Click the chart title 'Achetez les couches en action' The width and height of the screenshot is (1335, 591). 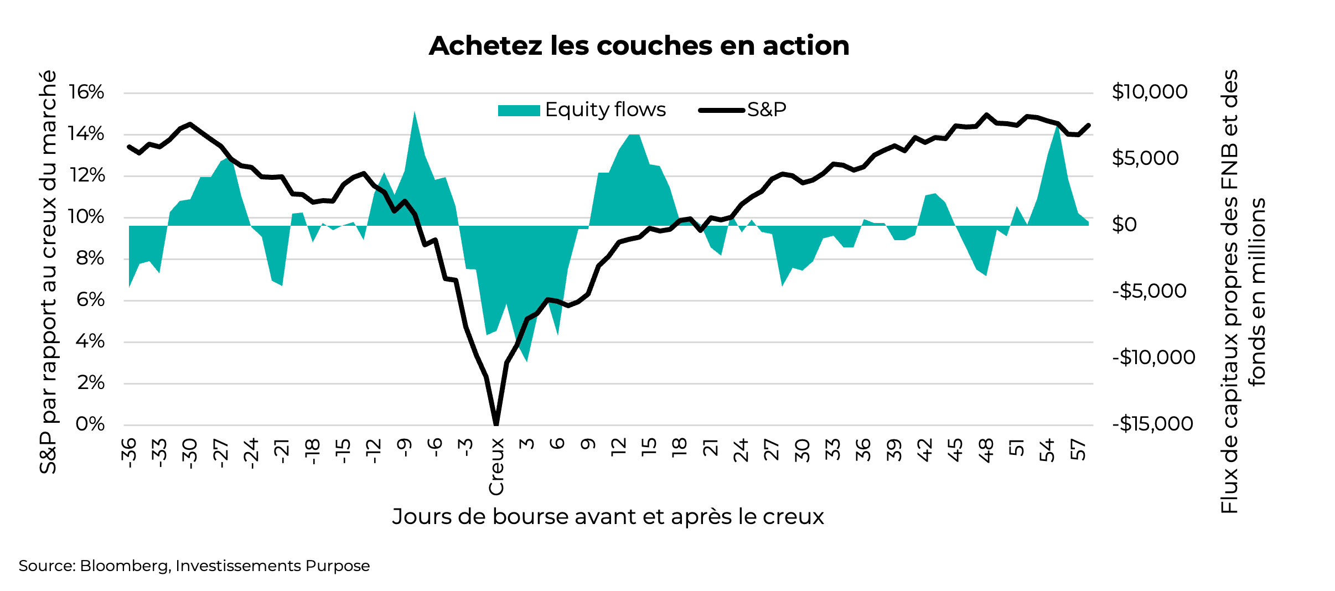(639, 45)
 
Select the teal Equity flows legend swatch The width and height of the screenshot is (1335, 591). (519, 110)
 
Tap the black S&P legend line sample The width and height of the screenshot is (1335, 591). (722, 110)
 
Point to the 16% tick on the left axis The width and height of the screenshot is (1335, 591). (86, 92)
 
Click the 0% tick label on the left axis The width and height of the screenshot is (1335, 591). (90, 424)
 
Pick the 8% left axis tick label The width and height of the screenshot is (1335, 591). (90, 258)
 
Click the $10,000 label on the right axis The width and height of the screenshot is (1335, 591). (1150, 92)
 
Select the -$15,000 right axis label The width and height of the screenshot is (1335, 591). (1152, 424)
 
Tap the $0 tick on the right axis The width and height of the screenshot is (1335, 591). (1124, 225)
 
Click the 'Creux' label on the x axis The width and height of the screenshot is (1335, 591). (496, 466)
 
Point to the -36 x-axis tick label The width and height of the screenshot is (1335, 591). (129, 453)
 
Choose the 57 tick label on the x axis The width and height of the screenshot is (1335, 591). (1079, 450)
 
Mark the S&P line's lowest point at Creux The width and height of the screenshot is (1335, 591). (496, 423)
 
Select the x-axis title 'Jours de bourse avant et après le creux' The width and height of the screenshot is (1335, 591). (608, 516)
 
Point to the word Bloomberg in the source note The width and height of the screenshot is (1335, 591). (125, 566)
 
